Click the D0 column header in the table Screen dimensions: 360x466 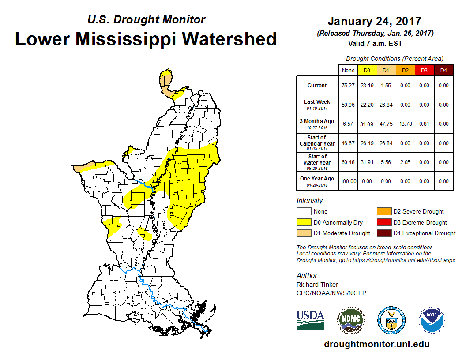367,70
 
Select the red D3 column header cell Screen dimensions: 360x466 424,70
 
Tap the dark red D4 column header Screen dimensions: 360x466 443,70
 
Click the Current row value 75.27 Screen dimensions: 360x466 348,86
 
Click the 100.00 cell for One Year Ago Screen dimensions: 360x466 348,181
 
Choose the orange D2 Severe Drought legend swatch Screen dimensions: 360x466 384,212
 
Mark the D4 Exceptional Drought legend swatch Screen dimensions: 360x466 384,233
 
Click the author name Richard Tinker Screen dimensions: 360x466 317,285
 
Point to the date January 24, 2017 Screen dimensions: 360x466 374,21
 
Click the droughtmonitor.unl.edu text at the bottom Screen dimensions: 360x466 376,344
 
